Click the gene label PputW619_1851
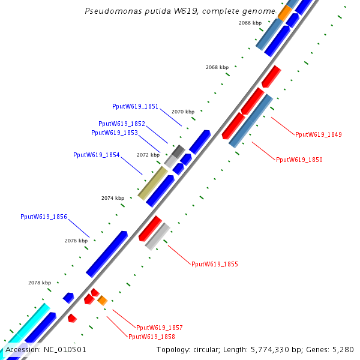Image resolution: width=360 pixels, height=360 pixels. [x=135, y=107]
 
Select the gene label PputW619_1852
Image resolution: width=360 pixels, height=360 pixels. [x=122, y=124]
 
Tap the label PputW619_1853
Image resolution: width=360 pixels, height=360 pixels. [x=115, y=133]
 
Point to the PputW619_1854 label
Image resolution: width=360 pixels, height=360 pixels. [x=97, y=155]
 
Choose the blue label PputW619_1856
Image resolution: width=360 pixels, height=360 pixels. [x=44, y=217]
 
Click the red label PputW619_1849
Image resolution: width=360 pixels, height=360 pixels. [x=319, y=135]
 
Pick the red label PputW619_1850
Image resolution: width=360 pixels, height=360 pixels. [x=299, y=160]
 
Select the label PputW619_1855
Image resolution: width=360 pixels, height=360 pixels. [x=215, y=264]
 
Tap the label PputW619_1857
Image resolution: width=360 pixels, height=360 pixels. [x=160, y=328]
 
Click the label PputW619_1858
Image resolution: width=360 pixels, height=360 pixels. [x=152, y=337]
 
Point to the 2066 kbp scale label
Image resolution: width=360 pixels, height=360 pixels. [x=250, y=23]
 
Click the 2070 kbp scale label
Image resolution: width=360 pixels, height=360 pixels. [x=183, y=112]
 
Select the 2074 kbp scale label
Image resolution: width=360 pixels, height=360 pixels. [x=113, y=198]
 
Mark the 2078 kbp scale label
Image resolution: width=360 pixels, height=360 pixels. [x=40, y=283]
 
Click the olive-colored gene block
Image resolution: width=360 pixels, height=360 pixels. [x=152, y=183]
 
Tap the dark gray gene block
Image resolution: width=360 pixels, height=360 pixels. [x=178, y=151]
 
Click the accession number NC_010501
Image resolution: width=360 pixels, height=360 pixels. [x=65, y=350]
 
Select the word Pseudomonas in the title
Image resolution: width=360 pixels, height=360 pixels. [x=113, y=11]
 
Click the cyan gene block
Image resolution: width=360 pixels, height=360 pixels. [x=25, y=326]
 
